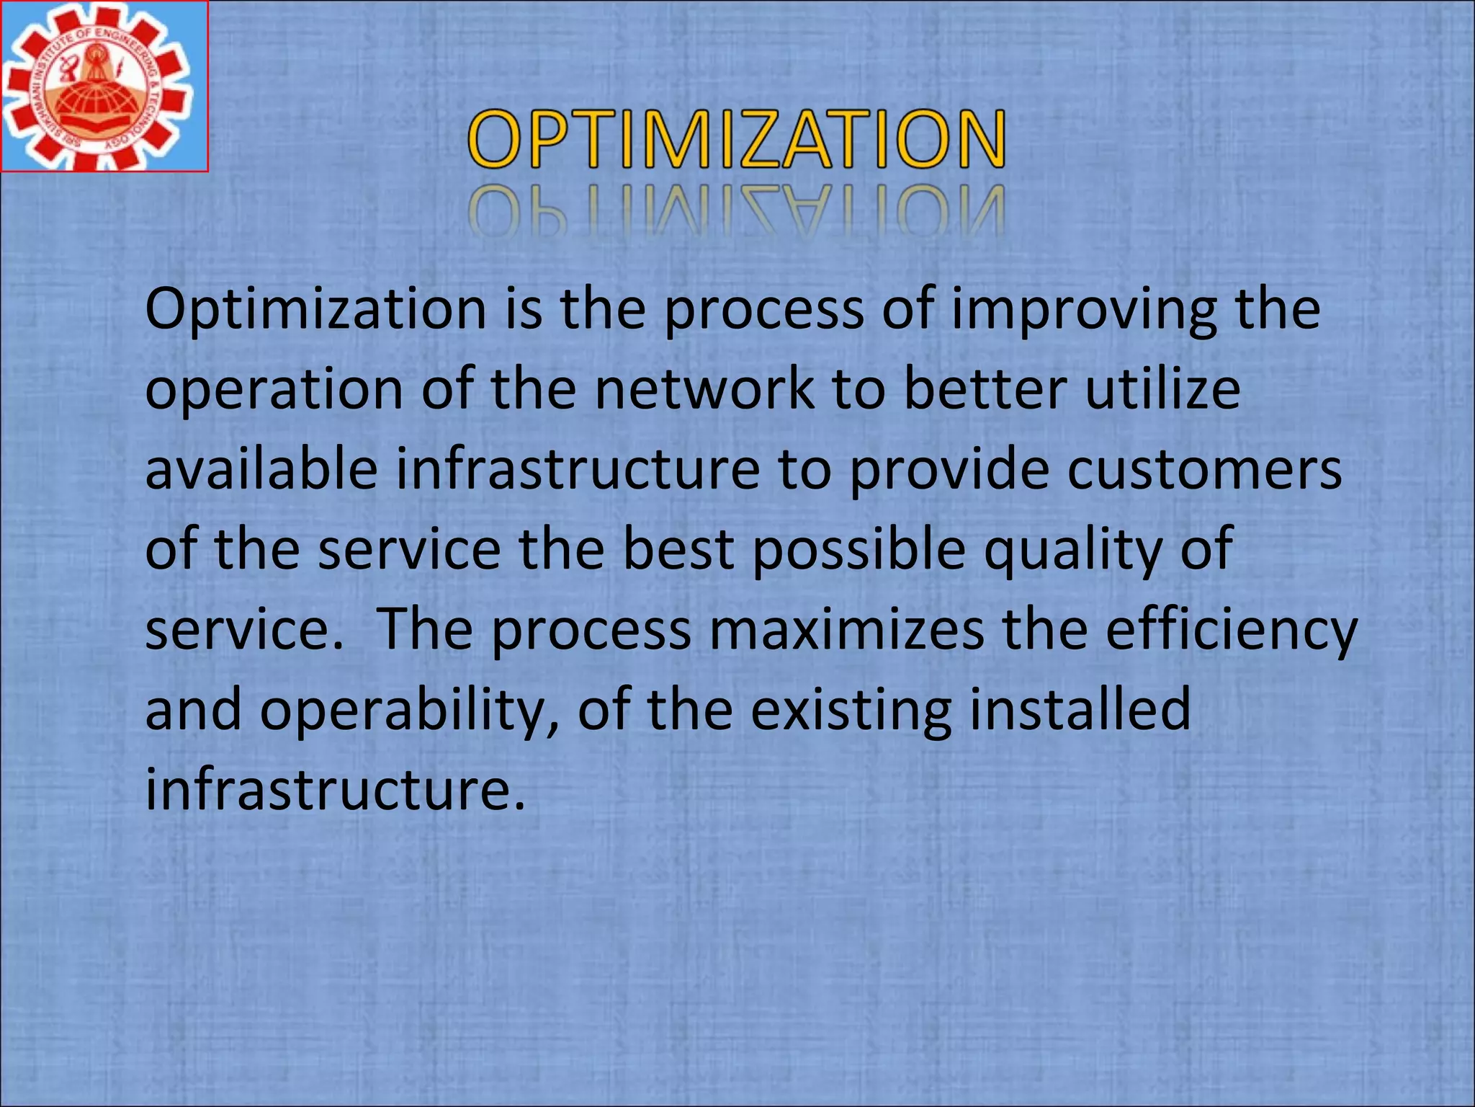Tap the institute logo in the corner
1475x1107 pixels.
click(103, 86)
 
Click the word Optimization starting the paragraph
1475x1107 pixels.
click(315, 310)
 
